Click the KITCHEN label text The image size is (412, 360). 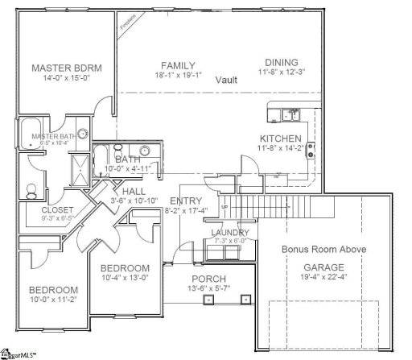pos(280,139)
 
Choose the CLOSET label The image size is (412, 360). pos(35,210)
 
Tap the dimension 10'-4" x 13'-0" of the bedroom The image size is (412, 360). pos(125,278)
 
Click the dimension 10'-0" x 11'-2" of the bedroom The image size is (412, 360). pos(53,300)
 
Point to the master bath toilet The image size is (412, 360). pos(31,191)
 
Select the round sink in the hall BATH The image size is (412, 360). pos(146,151)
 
